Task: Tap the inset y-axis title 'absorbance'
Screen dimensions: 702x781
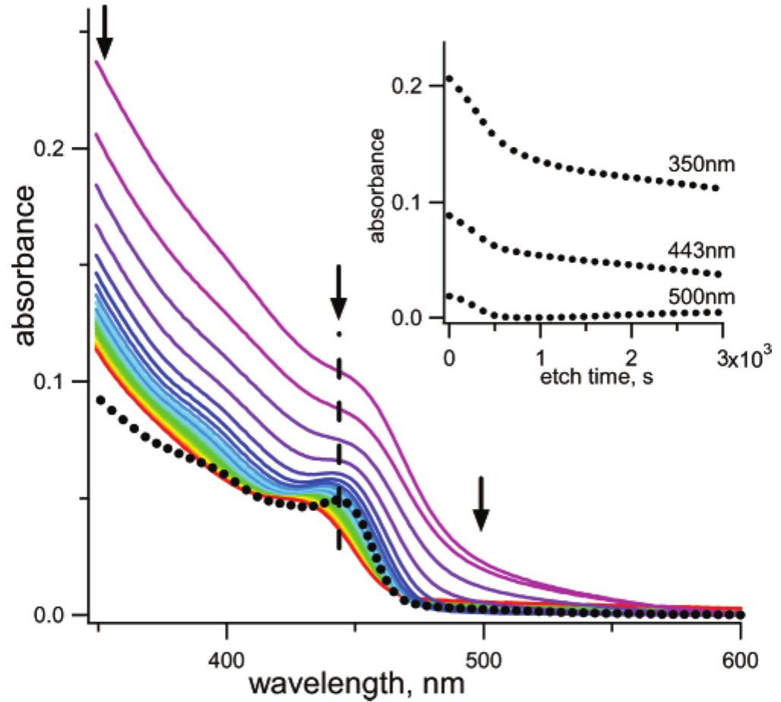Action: (379, 186)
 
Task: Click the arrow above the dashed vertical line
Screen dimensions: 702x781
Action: (339, 292)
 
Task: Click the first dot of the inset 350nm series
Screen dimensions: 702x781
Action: (450, 78)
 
